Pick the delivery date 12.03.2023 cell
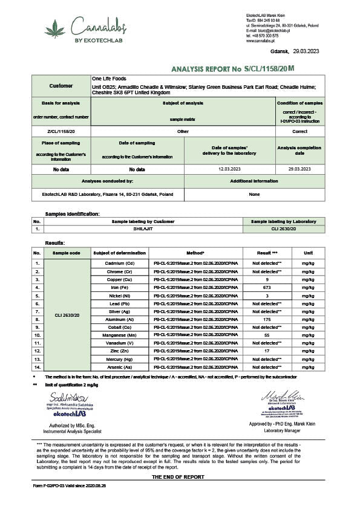coord(229,169)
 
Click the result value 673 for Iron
coord(266,287)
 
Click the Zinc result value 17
coord(266,351)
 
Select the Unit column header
coord(308,253)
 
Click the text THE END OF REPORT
coord(180,477)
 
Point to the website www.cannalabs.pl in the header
coord(261,41)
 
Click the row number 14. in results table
coord(38,366)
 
